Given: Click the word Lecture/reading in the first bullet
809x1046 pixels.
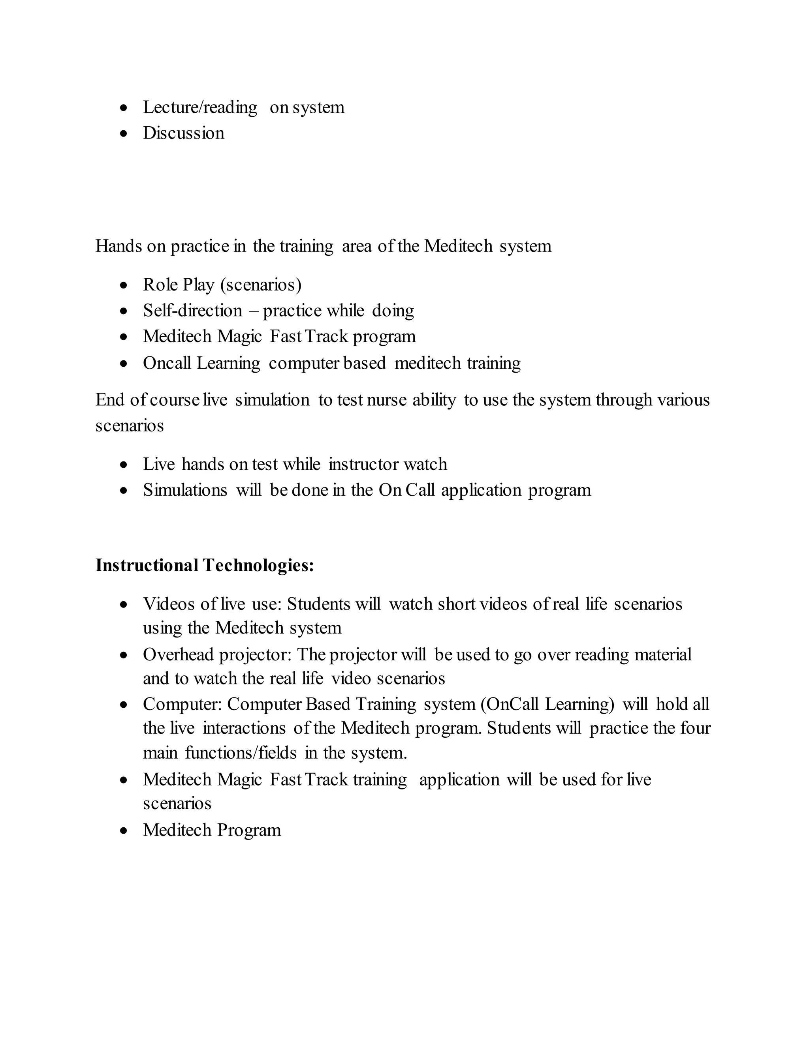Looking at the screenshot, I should point(200,108).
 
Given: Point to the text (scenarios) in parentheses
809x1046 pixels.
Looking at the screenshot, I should point(261,285).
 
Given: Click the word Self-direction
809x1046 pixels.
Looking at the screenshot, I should point(193,311).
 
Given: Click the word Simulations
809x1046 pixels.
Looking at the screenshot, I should point(185,490).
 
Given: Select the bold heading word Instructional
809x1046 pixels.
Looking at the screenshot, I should point(147,566).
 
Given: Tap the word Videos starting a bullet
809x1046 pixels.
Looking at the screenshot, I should point(169,604).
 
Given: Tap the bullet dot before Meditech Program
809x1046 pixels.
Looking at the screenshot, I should point(124,831).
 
